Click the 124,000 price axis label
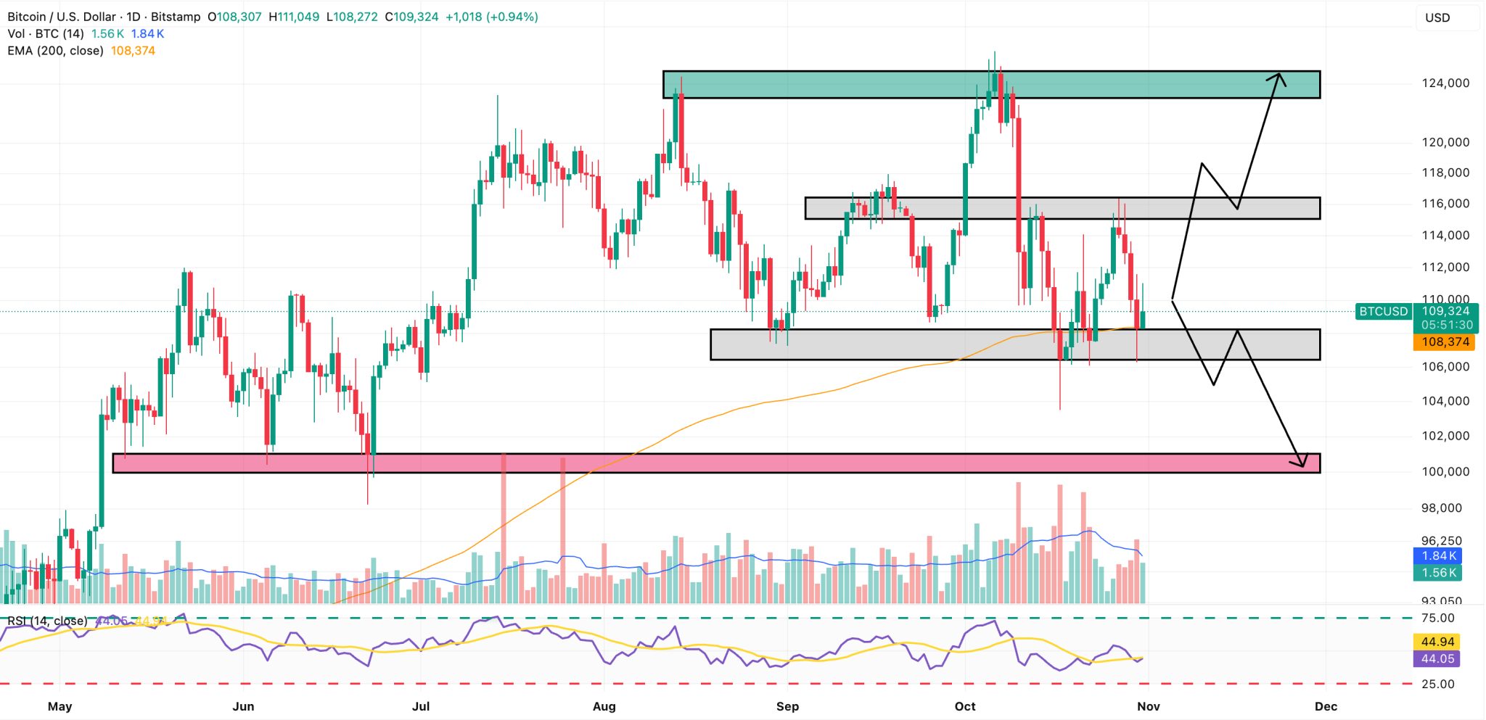[1445, 83]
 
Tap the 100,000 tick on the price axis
[1445, 471]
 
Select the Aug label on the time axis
[604, 706]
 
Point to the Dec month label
[1326, 706]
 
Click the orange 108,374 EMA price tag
[1445, 342]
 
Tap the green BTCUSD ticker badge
[1383, 312]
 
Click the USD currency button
[1437, 17]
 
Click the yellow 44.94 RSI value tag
[1437, 642]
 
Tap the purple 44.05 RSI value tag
[1437, 659]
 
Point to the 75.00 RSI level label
[1437, 618]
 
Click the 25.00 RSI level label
[1437, 684]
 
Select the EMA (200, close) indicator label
[55, 51]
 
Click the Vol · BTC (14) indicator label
[46, 34]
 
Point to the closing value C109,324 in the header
[411, 17]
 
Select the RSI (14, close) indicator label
[47, 621]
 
